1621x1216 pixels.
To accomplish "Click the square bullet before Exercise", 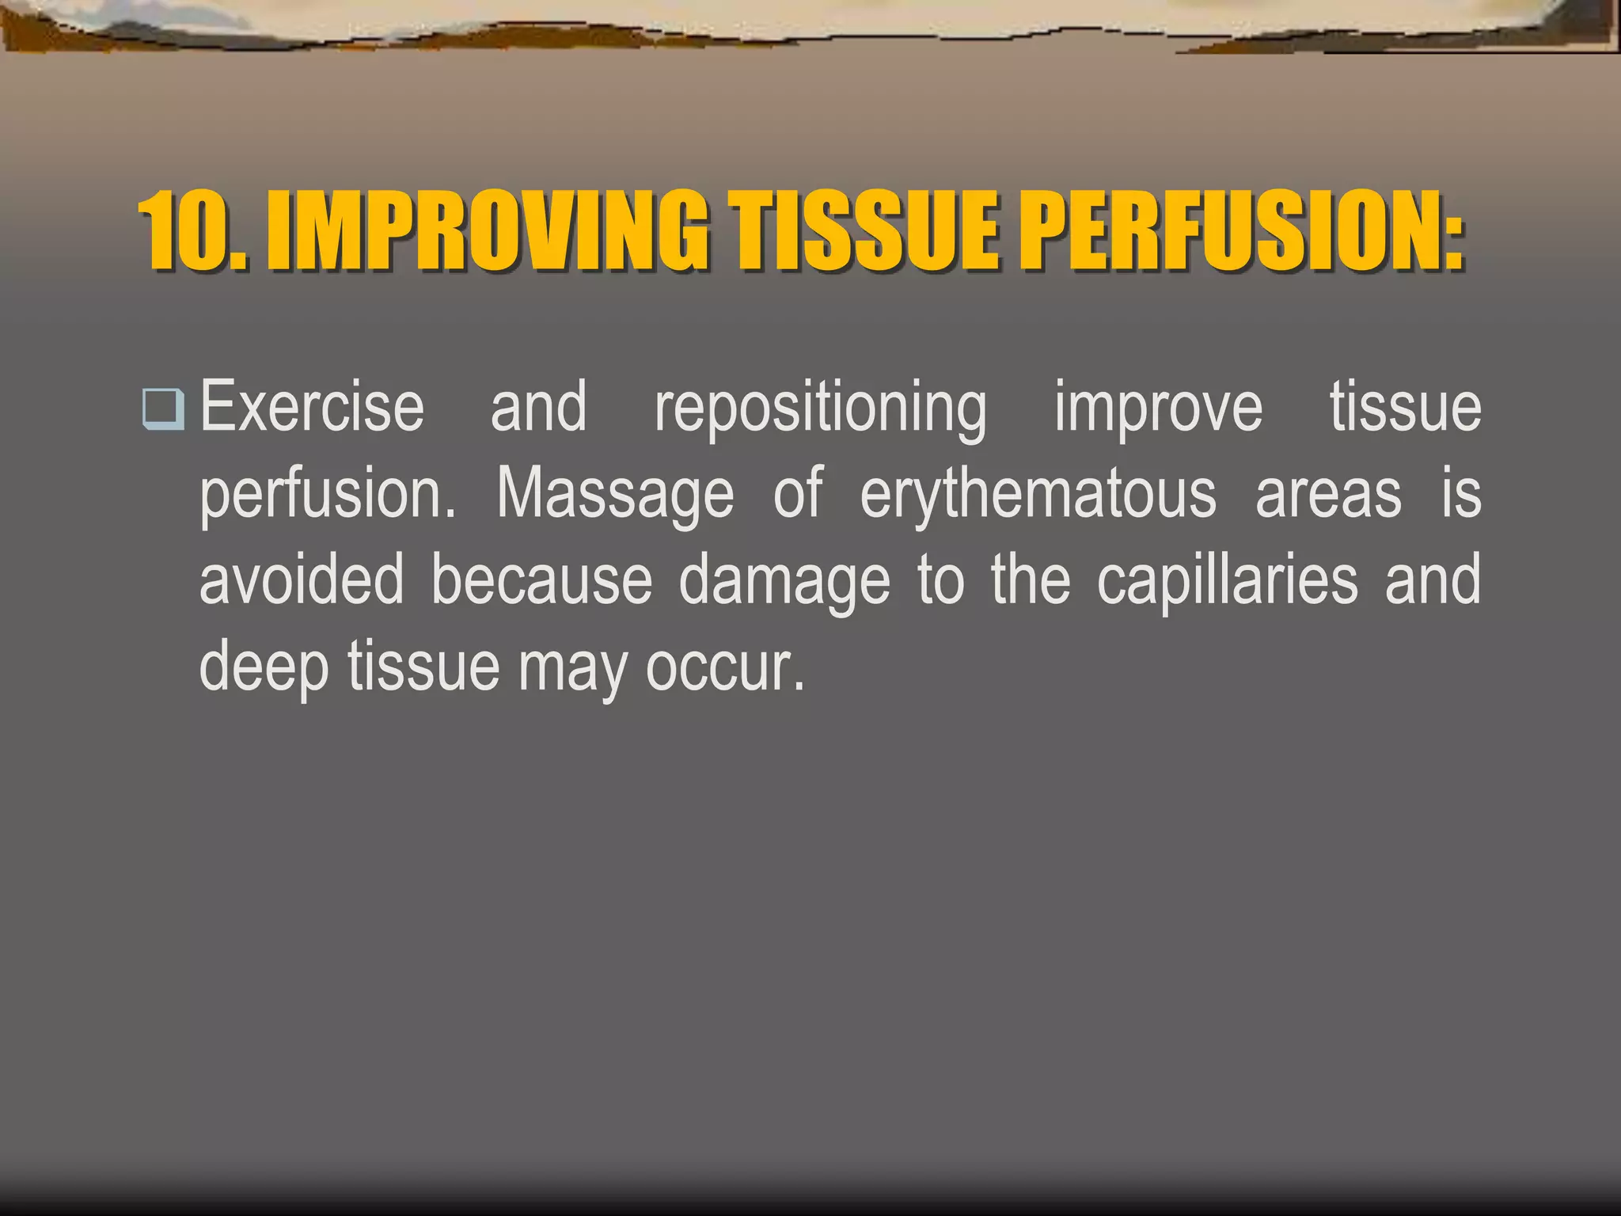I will tap(163, 409).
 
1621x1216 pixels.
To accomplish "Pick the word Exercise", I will tap(312, 407).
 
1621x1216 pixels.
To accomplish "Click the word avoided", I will tap(302, 580).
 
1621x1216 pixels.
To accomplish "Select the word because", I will tap(541, 580).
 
